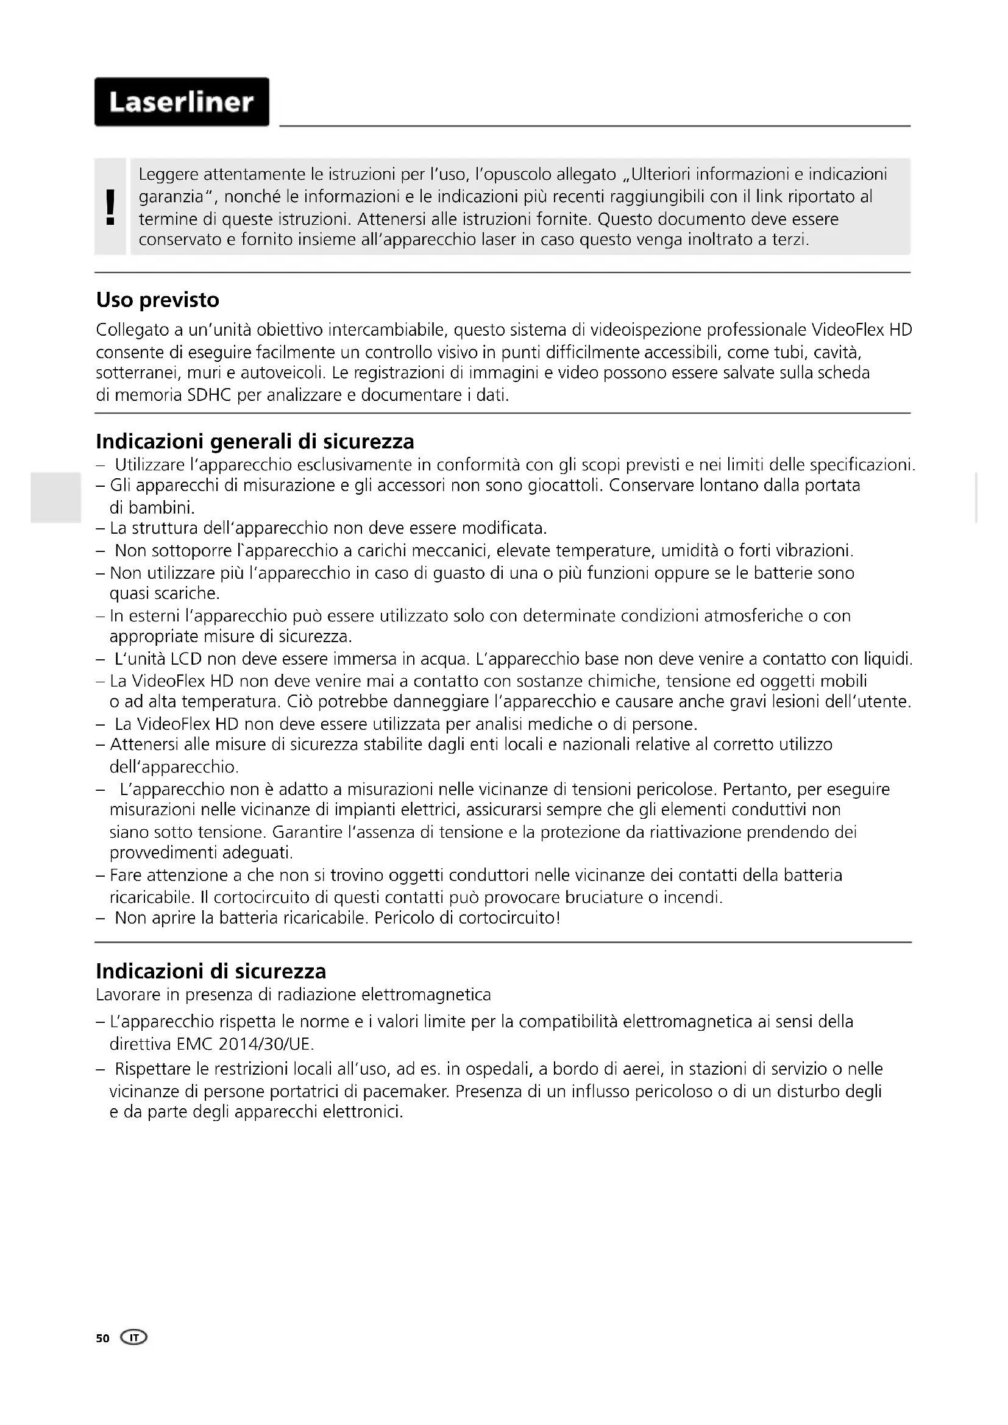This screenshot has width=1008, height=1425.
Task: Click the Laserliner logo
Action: click(x=181, y=102)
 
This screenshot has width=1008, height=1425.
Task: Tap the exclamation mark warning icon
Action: click(x=110, y=207)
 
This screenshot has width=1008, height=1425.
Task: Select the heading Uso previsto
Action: click(x=158, y=300)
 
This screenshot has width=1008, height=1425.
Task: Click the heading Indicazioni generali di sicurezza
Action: click(x=255, y=442)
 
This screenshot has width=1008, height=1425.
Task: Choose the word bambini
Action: click(x=152, y=507)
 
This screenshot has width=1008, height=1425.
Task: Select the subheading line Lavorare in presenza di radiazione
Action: click(x=293, y=995)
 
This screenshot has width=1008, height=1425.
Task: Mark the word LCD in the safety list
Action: click(x=186, y=659)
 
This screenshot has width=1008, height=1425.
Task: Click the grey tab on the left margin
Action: click(x=55, y=497)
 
